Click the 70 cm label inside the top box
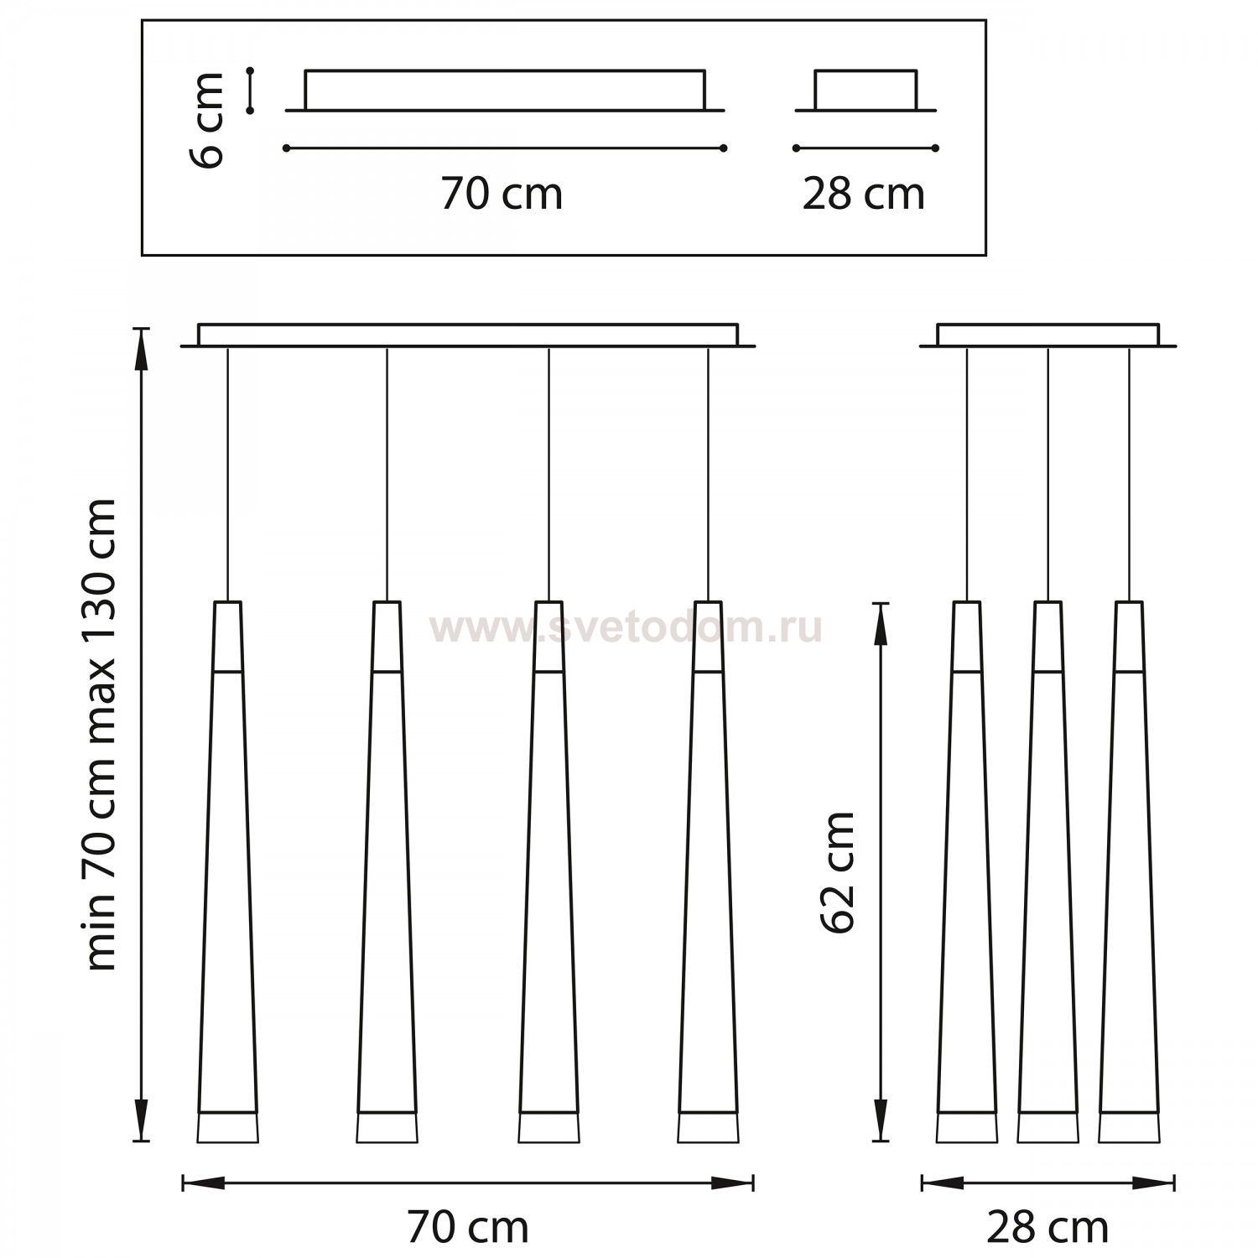pyautogui.click(x=502, y=195)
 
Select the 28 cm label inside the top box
pyautogui.click(x=863, y=195)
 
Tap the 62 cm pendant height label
pyautogui.click(x=837, y=871)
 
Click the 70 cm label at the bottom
pyautogui.click(x=468, y=1227)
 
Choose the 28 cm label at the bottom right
pyautogui.click(x=1047, y=1227)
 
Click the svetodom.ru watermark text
pyautogui.click(x=626, y=627)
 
